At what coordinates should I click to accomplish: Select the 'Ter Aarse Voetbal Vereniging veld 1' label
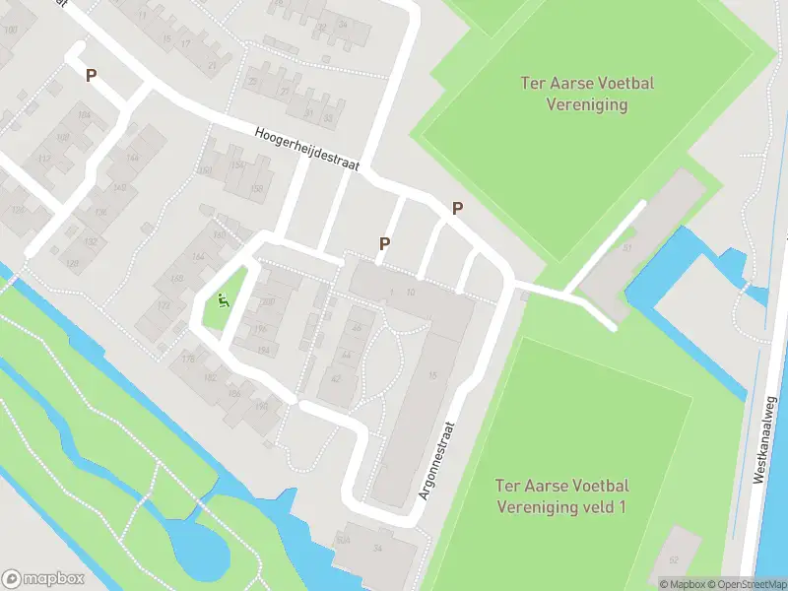click(x=562, y=495)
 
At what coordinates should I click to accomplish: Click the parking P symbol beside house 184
click(x=92, y=74)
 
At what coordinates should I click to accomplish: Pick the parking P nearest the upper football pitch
click(x=457, y=208)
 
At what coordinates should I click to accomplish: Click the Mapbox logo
click(x=43, y=578)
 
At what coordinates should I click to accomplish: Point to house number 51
click(x=626, y=248)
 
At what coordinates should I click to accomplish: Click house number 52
click(x=674, y=559)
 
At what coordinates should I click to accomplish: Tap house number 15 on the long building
click(x=432, y=373)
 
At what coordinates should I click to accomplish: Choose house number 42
click(x=337, y=378)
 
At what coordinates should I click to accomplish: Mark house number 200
click(x=268, y=302)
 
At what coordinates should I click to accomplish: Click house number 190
click(x=261, y=405)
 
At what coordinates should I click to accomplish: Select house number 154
click(x=235, y=165)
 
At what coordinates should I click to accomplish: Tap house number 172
click(x=164, y=306)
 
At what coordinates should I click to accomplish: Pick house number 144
click(x=132, y=158)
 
